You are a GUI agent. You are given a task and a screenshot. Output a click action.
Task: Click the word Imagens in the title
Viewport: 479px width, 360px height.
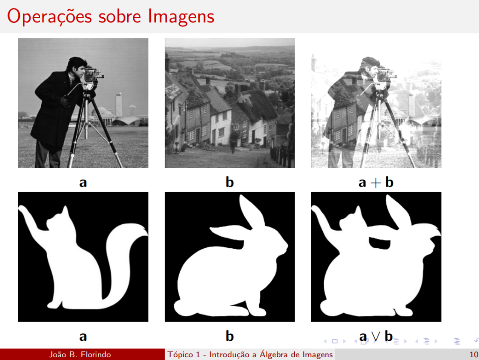click(181, 16)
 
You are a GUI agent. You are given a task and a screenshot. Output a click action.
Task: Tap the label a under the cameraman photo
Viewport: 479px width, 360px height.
click(83, 182)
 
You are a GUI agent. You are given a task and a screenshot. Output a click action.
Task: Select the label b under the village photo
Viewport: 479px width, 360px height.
click(230, 182)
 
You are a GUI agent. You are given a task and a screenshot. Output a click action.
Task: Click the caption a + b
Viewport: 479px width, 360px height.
click(376, 182)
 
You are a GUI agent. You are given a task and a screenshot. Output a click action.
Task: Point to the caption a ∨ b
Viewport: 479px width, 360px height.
click(376, 336)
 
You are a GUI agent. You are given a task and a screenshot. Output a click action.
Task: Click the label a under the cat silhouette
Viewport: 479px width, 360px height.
click(83, 336)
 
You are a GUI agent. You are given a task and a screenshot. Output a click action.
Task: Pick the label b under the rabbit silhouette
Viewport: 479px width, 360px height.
click(230, 336)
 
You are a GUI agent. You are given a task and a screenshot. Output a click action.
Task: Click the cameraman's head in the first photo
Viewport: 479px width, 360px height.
click(77, 66)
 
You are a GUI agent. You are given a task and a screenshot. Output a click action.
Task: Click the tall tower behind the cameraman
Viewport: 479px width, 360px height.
click(119, 104)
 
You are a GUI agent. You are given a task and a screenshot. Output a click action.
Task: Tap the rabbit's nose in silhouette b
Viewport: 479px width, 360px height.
click(286, 247)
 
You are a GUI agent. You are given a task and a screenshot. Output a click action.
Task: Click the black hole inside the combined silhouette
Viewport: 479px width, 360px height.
click(379, 241)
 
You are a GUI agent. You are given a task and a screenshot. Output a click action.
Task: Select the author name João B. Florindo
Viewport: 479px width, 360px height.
click(80, 354)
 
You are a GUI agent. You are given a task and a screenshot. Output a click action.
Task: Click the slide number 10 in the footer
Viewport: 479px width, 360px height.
click(473, 354)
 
